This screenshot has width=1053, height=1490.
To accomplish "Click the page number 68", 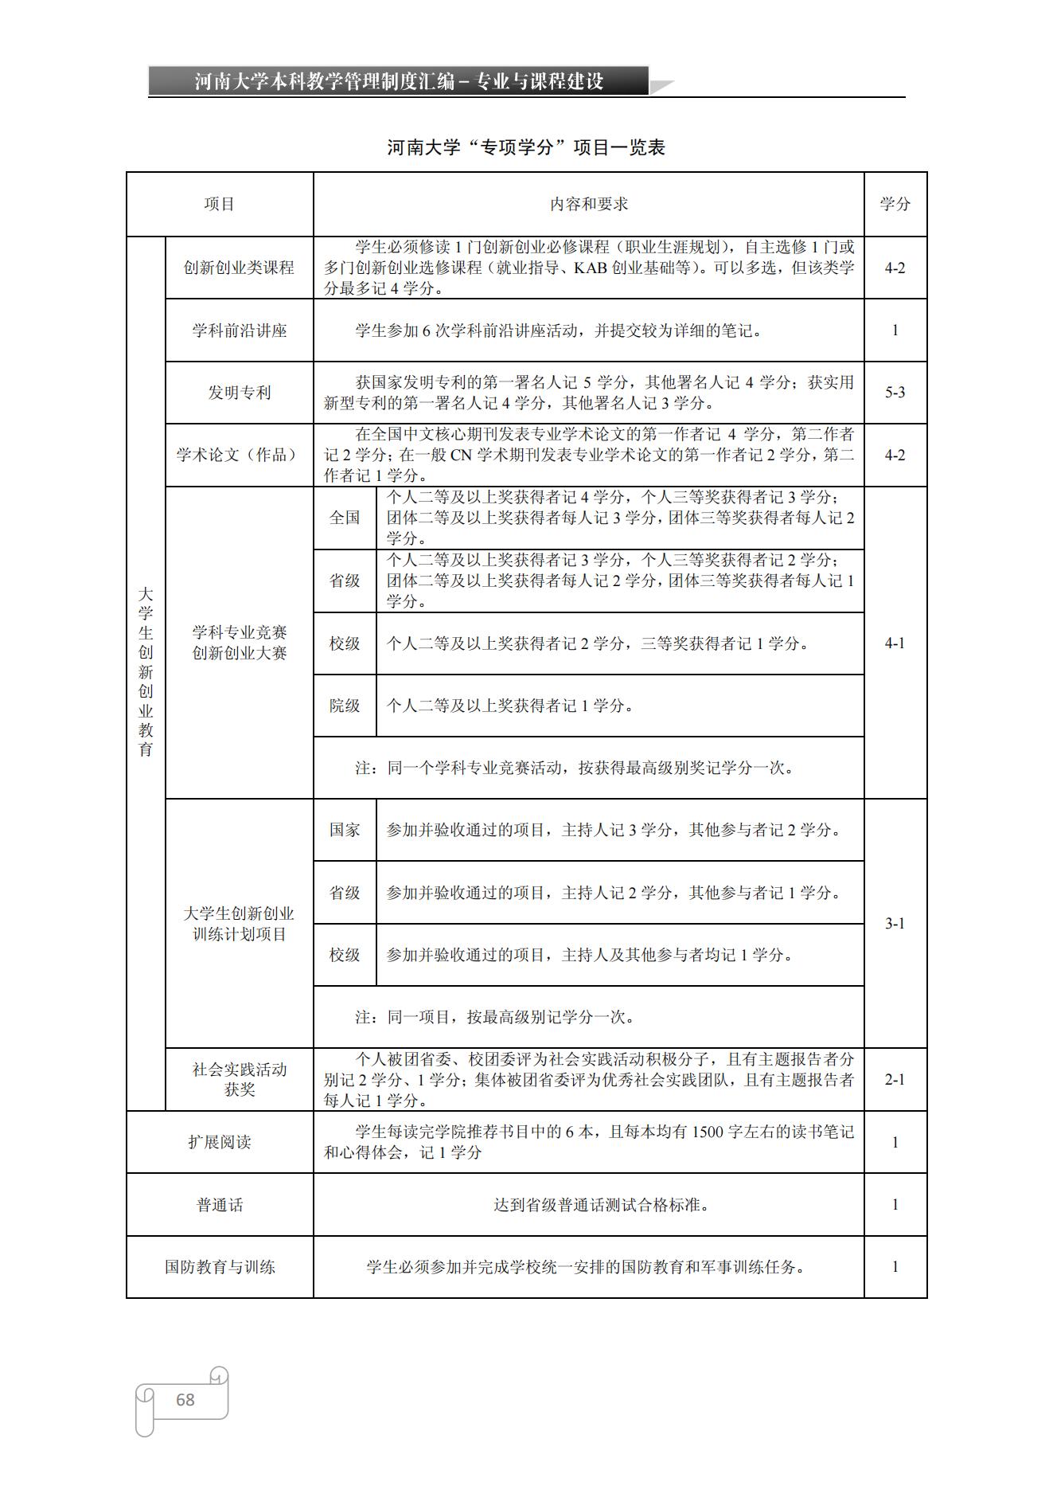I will coord(185,1399).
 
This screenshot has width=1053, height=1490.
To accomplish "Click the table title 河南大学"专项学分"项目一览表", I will coord(526,147).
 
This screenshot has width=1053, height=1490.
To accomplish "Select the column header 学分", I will coord(895,204).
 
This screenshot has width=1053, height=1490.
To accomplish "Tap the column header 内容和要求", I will coord(588,204).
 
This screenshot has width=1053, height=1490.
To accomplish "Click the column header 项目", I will coord(220,204).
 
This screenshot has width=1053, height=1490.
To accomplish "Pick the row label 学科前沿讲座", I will coord(239,330).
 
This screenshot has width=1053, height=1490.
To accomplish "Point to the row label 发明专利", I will coord(239,393).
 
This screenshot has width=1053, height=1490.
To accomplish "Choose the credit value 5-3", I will coord(895,393).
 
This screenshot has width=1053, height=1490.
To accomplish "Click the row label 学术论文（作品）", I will coord(239,455).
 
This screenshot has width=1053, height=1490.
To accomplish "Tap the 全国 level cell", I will coord(345,518).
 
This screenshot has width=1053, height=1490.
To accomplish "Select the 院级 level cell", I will coord(345,706).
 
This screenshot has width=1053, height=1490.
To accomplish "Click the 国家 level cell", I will coord(345,830).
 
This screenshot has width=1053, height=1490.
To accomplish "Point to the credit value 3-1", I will coord(895,924).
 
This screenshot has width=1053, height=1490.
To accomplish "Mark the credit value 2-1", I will coord(895,1080).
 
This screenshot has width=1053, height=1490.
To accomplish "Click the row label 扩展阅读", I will coord(220,1142).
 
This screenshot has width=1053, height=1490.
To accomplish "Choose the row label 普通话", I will coord(220,1205).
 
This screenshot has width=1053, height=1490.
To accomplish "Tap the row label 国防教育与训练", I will coord(220,1267).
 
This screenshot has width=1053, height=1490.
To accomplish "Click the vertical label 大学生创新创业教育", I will coord(146,672).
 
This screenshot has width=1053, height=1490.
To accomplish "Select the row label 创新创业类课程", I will coord(239,268).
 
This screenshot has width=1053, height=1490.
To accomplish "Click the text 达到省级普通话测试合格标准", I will coord(601,1205).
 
